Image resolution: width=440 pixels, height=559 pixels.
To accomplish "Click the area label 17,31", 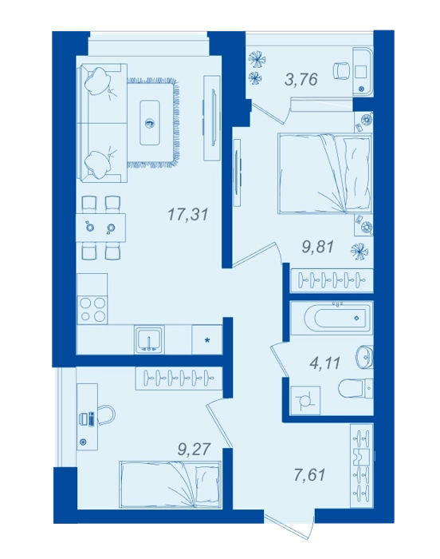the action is pos(187,215).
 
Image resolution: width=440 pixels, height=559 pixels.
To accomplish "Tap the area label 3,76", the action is pos(301,79).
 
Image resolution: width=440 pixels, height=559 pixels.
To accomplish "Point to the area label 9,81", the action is pos(317,247).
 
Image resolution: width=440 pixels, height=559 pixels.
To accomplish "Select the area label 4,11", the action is pos(324,363).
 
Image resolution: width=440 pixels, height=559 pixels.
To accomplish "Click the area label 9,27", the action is pos(194,449).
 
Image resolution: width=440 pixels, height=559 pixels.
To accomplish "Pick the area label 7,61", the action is pos(310,475).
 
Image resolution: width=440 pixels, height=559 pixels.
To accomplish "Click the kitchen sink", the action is pos(150,339).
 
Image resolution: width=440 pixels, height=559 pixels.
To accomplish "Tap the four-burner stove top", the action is pos(92,310).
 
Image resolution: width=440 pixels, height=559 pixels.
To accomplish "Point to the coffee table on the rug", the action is pos(150,123).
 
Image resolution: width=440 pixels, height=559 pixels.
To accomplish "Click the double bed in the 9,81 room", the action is pos(324,173).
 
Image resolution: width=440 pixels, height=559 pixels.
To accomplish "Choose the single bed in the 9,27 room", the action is pos(170,484).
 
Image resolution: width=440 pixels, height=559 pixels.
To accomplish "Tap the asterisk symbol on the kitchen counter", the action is pos(206,340).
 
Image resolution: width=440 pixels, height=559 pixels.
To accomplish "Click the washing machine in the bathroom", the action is pos(305,401).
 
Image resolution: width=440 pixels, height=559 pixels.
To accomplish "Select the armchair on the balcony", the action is pos(341,71).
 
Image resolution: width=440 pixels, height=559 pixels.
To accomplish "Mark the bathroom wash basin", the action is pos(364,356).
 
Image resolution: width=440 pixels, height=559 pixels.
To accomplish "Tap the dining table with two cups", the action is pos(101,227).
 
